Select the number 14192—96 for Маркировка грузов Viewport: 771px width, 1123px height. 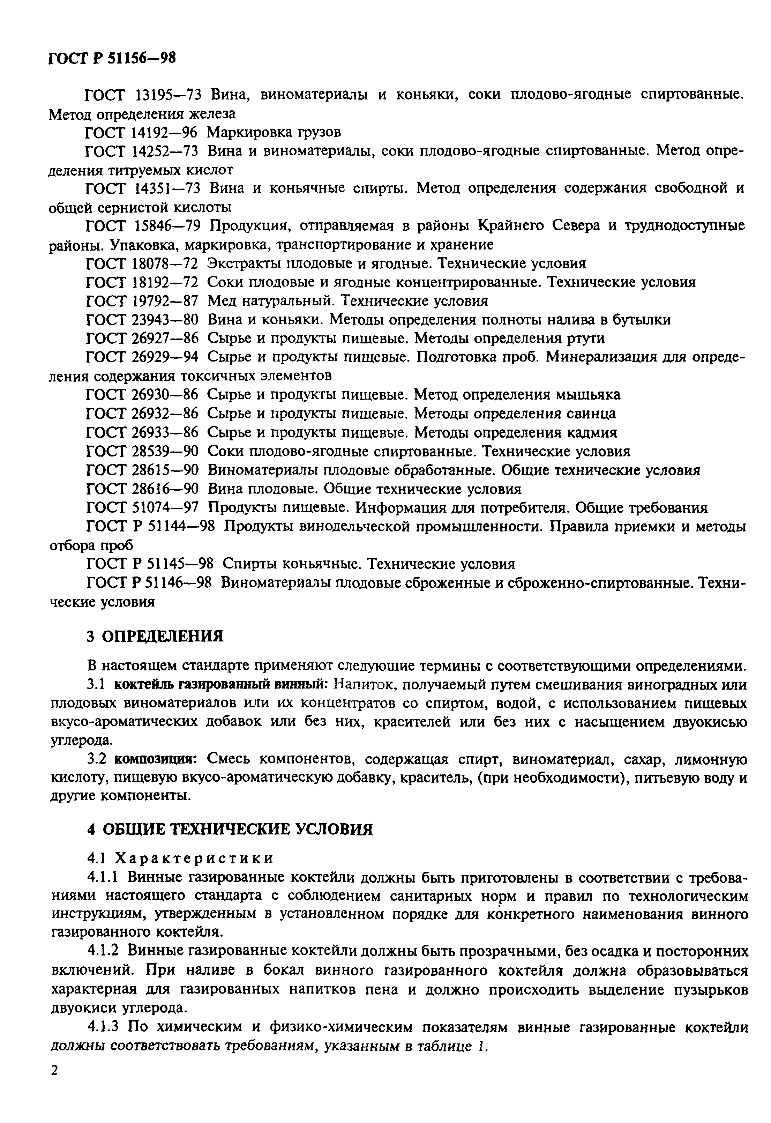165,132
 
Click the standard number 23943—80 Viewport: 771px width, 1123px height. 165,320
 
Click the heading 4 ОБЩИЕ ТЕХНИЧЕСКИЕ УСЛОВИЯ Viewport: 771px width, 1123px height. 230,829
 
